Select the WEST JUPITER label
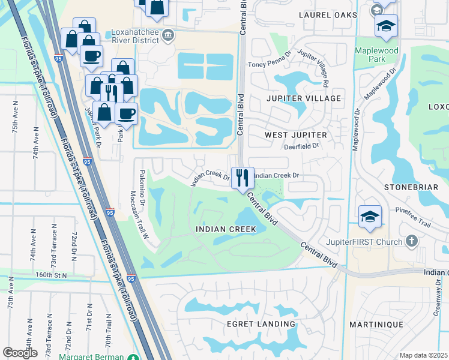(x=296, y=136)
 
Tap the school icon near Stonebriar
(x=370, y=217)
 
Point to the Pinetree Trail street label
(x=414, y=217)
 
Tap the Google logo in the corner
(x=20, y=353)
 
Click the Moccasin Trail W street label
(x=139, y=215)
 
